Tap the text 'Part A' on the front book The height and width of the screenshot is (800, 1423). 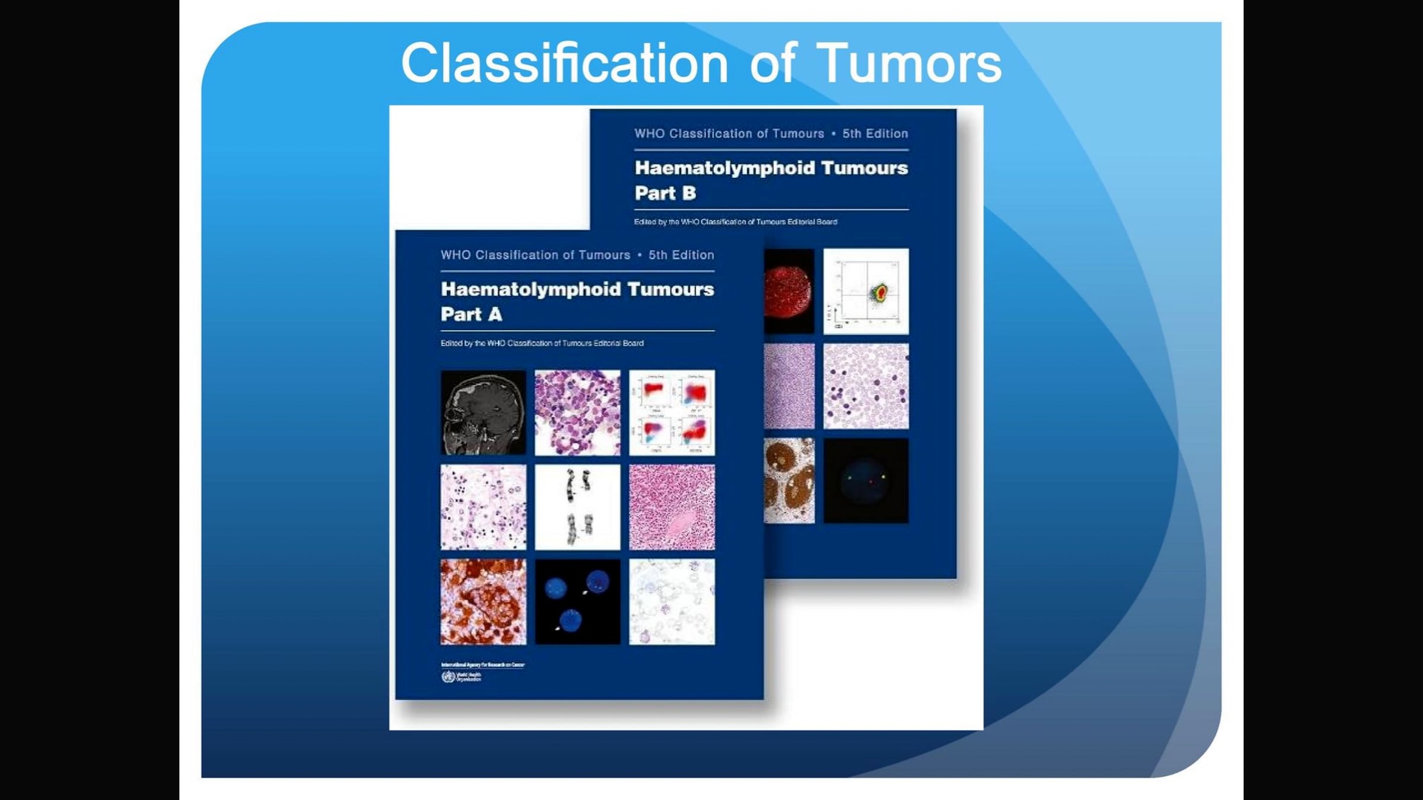[471, 314]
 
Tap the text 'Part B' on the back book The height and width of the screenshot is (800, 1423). [665, 193]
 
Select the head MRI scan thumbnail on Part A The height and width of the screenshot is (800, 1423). [483, 412]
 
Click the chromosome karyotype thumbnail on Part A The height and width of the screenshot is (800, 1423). [578, 507]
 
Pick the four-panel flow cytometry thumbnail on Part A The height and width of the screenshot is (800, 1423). [672, 412]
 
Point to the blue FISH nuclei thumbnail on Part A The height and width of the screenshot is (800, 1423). [578, 601]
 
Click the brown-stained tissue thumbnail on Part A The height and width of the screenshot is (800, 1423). [483, 601]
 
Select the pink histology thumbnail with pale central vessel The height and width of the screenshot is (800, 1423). [672, 507]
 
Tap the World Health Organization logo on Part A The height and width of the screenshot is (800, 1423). [448, 677]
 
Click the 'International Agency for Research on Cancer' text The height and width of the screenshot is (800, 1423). [483, 665]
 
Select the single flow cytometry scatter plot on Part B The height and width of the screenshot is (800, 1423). [866, 291]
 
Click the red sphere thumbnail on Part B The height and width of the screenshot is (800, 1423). [789, 291]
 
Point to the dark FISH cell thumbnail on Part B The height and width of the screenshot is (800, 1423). [866, 481]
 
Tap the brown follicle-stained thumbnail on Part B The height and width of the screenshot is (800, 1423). [789, 481]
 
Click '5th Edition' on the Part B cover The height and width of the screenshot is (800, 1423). [875, 133]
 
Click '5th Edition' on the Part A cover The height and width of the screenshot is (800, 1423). [681, 255]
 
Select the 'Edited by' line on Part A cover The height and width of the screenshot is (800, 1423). [542, 343]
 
